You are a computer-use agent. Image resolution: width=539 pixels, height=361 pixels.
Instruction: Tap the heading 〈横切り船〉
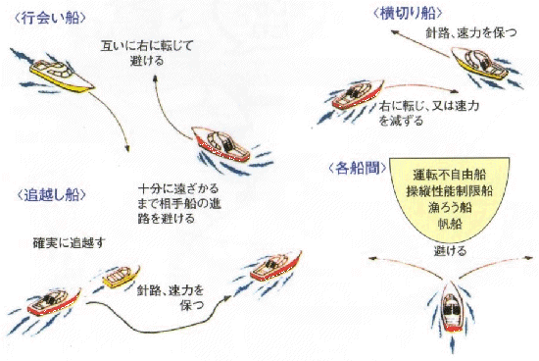coord(408,13)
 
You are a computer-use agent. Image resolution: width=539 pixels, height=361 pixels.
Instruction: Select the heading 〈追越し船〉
coord(51,195)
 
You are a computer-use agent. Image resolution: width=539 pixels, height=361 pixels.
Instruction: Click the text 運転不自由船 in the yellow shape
coord(450,175)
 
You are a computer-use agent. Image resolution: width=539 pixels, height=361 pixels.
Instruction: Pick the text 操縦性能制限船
coord(450,191)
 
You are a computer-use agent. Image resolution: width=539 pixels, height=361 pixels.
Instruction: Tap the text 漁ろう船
coord(450,208)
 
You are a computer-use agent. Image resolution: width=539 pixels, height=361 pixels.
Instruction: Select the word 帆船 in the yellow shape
coord(450,224)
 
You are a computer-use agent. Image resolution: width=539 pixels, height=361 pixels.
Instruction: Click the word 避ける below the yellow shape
coord(450,251)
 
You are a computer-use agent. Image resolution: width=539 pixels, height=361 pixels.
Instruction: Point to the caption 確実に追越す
coord(69,243)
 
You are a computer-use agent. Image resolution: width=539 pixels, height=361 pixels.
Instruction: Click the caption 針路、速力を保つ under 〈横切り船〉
coord(471,32)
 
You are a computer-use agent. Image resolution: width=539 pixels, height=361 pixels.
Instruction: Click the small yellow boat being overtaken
coord(122,277)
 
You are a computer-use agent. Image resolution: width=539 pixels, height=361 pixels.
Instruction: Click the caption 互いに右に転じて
coord(147,46)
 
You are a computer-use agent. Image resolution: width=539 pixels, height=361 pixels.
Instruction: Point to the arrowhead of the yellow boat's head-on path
coord(127,149)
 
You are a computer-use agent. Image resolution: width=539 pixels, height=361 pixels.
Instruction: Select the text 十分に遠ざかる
coord(178,188)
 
